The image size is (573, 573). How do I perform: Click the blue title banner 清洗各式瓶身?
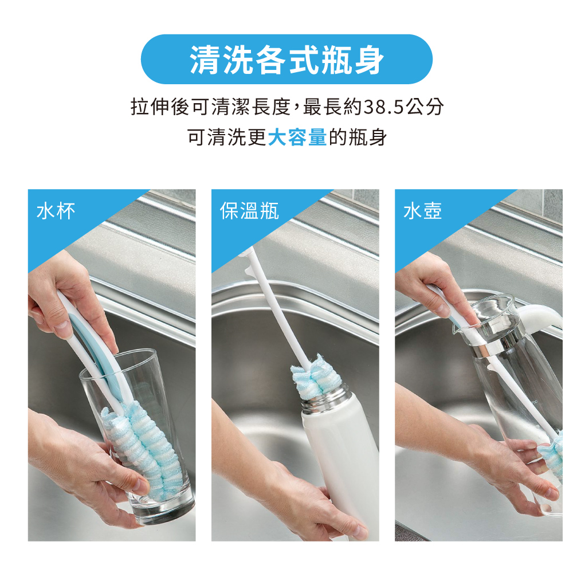pos(286,59)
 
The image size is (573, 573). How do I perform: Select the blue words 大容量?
pos(297,138)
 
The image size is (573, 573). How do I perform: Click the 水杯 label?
pos(56,211)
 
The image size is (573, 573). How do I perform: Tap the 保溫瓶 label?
pos(249,211)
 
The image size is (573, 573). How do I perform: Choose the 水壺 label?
pos(422,211)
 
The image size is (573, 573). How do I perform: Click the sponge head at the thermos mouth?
pos(316,376)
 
